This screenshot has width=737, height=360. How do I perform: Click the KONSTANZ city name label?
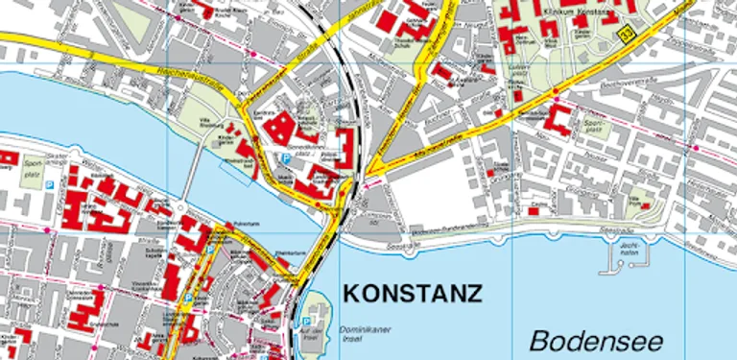[412, 293]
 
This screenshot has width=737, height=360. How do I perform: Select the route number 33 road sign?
[628, 35]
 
